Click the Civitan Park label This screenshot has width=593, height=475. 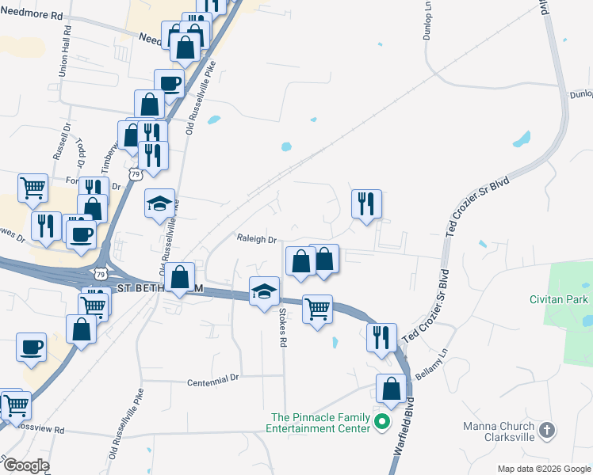559,299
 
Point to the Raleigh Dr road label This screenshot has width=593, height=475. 255,239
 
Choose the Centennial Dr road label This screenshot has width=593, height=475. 213,380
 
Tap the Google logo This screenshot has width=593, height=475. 25,465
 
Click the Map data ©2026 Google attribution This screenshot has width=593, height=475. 543,469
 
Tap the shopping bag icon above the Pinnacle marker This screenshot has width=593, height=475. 391,388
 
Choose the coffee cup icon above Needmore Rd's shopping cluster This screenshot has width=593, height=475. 169,82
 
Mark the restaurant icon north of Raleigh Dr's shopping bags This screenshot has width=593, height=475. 366,203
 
